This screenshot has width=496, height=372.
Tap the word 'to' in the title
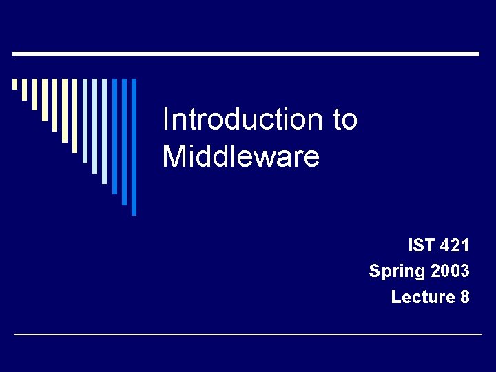345,121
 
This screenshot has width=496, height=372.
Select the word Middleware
240,156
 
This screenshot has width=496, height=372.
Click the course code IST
421,245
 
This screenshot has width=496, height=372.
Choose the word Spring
397,271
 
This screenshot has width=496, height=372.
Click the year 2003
450,271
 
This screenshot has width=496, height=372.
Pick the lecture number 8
465,297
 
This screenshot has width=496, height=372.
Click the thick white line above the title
246,53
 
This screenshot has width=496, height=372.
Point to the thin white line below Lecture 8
248,335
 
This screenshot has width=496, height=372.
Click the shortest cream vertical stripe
14,84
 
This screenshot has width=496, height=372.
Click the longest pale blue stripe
105,131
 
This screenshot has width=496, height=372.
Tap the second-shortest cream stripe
24,90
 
